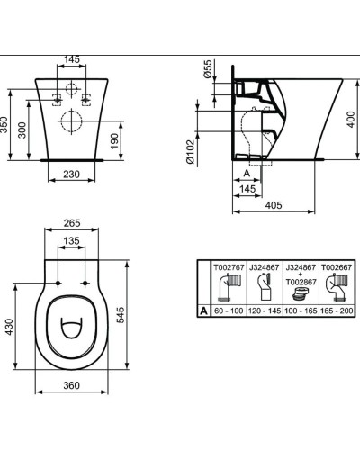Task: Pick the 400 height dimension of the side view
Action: pos(352,119)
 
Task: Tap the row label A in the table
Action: pos(204,309)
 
